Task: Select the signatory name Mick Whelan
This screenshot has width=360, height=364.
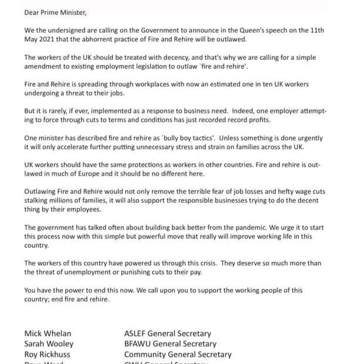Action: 49,333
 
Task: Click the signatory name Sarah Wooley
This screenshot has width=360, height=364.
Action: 49,344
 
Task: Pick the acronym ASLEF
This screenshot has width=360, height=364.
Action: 137,333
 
